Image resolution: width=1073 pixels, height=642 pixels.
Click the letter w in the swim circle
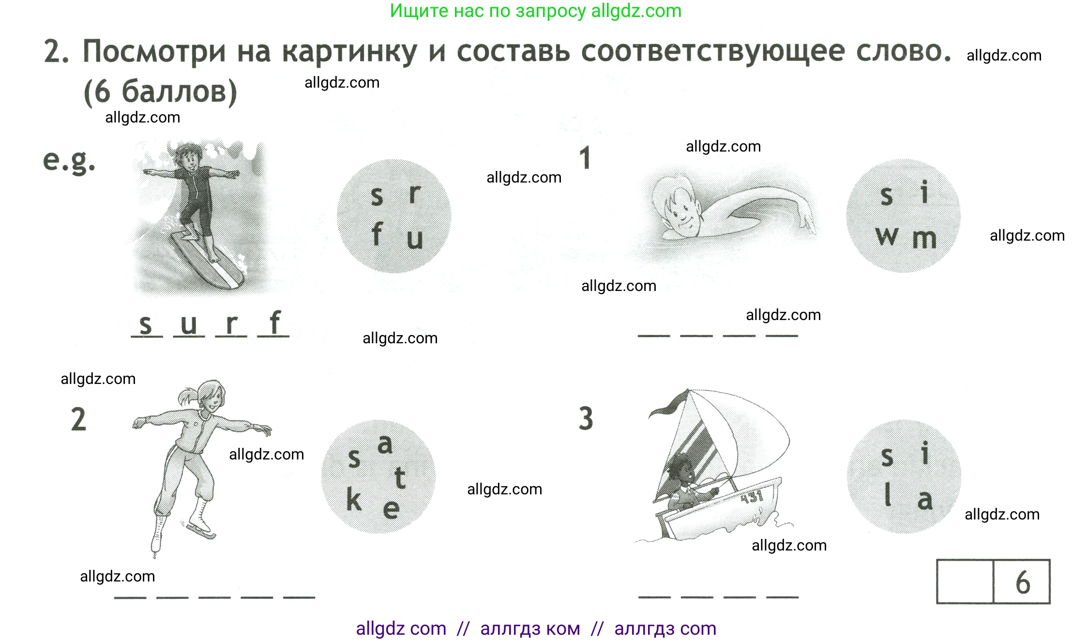(887, 237)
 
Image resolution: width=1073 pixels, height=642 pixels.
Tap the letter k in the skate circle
(354, 499)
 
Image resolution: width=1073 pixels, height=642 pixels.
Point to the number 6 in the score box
(1022, 582)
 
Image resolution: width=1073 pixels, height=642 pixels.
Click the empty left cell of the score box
(965, 582)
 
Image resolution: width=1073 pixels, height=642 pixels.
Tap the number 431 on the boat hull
(752, 496)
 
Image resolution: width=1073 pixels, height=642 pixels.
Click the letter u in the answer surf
(189, 324)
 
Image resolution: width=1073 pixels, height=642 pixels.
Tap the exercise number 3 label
(586, 419)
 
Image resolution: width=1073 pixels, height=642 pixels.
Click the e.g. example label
(69, 161)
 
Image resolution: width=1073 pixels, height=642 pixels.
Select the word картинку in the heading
(349, 52)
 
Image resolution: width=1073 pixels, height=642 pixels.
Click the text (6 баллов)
(160, 92)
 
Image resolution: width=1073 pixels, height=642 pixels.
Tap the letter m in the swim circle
(924, 239)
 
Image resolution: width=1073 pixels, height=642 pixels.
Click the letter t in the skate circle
(400, 478)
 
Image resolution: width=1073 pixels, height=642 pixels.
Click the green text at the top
(536, 11)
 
